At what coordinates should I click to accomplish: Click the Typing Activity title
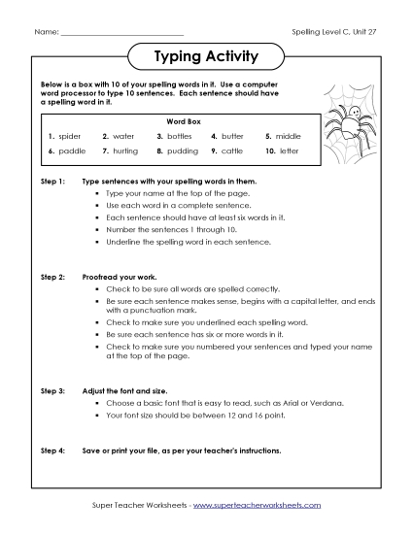pos(206,56)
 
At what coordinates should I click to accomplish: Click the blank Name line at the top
pos(108,33)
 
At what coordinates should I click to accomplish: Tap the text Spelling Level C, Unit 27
pos(332,32)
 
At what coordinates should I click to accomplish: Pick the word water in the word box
pos(124,137)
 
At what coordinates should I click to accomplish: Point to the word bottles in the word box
pos(183,137)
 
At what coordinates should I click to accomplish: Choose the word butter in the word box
pos(233,137)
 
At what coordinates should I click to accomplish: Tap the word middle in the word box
pos(291,137)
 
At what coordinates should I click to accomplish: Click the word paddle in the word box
pos(72,152)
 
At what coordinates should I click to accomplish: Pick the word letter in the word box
pos(289,152)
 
